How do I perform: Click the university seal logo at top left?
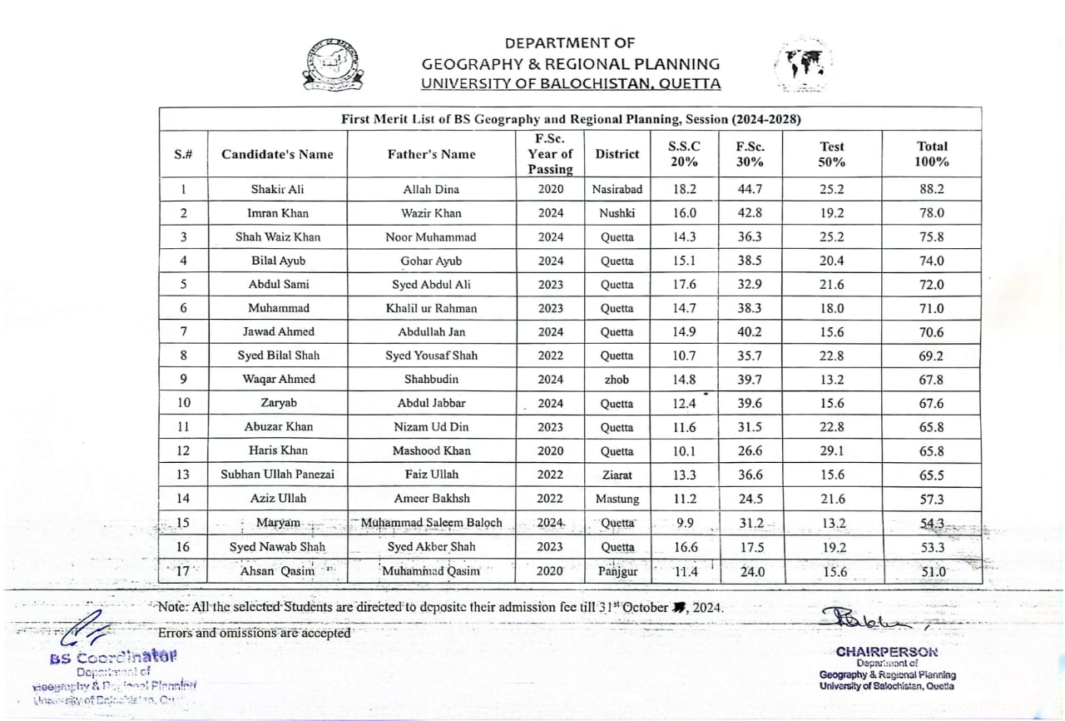tap(333, 64)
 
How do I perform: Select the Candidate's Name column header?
tap(277, 154)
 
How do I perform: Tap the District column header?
tap(617, 154)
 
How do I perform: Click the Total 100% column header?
tap(932, 154)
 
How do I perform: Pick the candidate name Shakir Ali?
tap(277, 189)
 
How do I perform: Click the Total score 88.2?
tap(932, 189)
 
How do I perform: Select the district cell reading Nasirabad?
tap(617, 189)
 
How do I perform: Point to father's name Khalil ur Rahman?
tap(431, 308)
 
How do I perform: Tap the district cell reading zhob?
tap(617, 379)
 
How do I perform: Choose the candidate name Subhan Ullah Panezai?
tap(277, 475)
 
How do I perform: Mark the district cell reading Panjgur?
tap(617, 571)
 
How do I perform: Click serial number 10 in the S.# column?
tap(184, 403)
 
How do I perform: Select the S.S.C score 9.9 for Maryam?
tap(685, 523)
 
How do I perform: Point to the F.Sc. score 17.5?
tap(750, 547)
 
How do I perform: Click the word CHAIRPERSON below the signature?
tap(887, 651)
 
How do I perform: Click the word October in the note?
tap(646, 607)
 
